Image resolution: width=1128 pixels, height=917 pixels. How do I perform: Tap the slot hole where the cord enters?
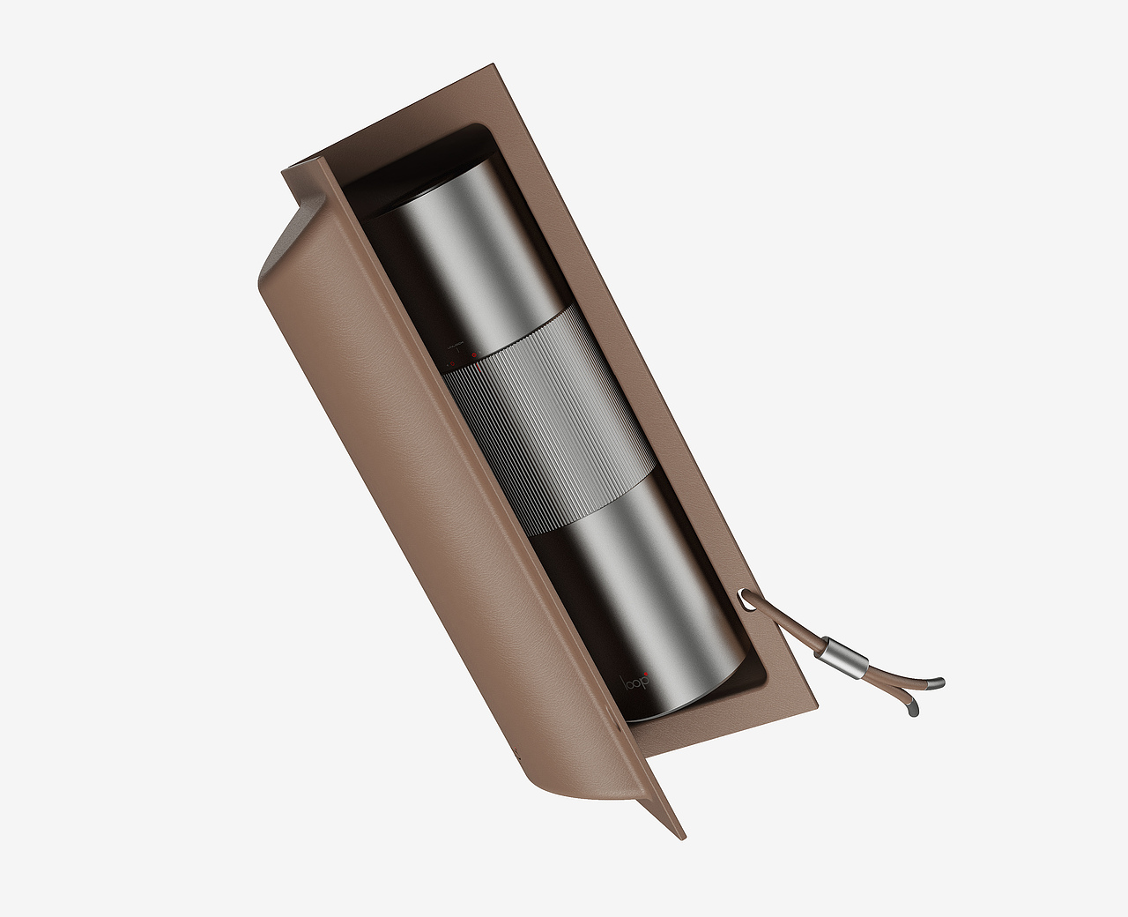point(744,600)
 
